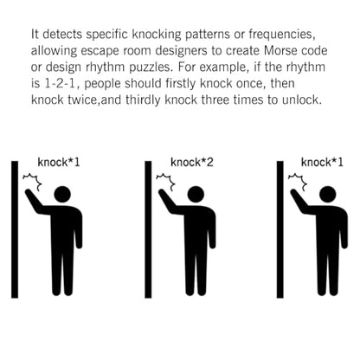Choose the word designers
coord(181,51)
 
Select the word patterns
coord(208,34)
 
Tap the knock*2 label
coord(192,162)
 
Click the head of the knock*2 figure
coord(196,194)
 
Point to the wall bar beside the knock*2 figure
coord(148,229)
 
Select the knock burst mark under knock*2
coord(166,181)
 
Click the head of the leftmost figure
coord(62,194)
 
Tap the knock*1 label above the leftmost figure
coord(59,162)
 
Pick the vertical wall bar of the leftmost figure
coord(15,229)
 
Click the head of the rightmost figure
coord(328,194)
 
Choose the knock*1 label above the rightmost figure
coord(322,162)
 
